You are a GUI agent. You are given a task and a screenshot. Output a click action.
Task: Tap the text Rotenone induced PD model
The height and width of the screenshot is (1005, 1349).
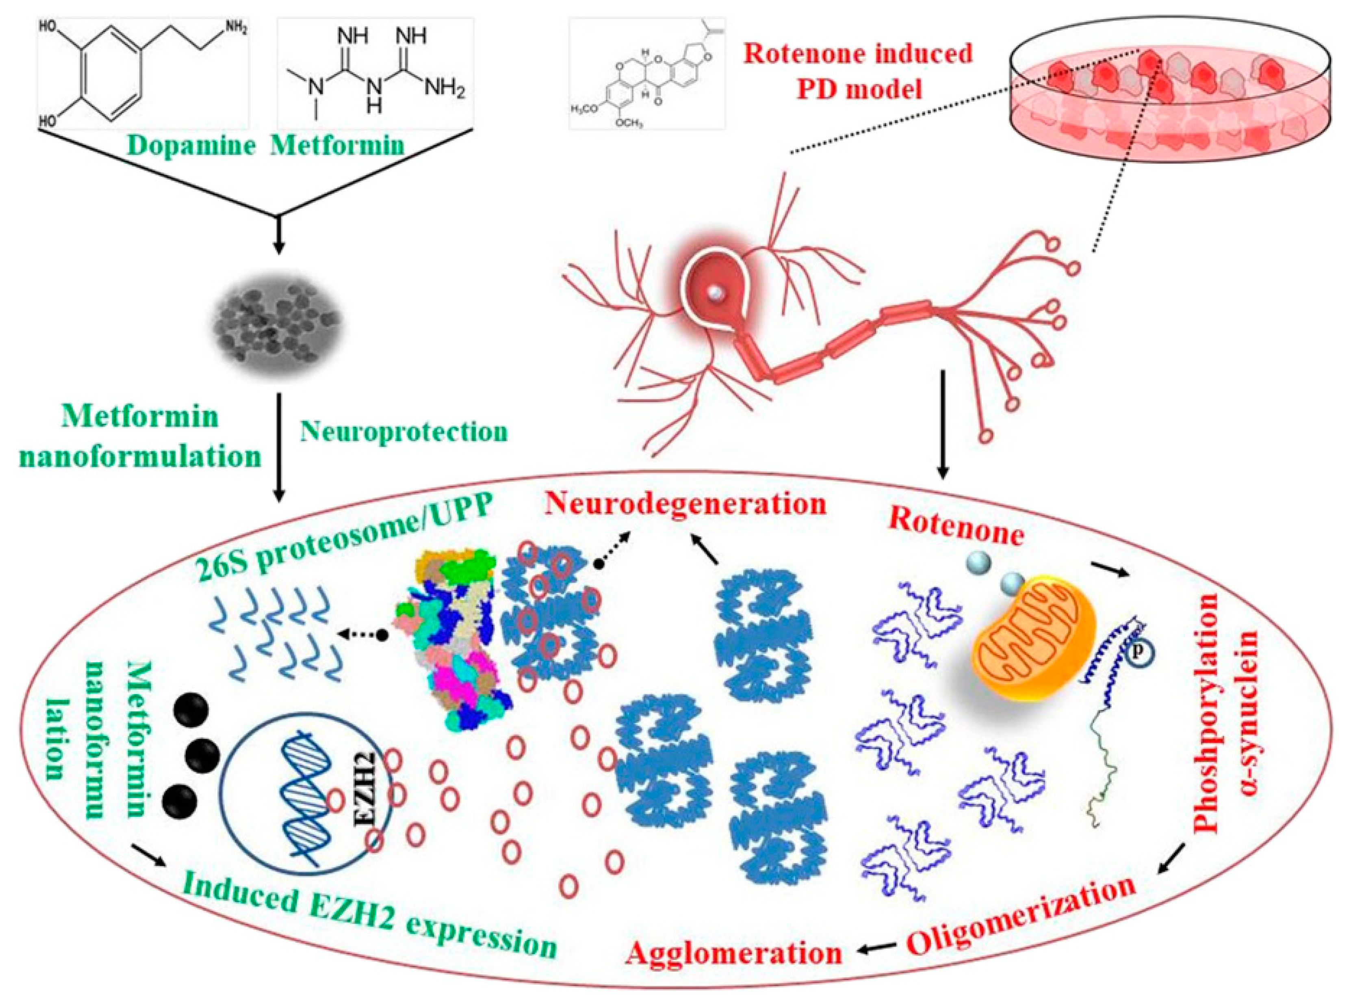tap(858, 71)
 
